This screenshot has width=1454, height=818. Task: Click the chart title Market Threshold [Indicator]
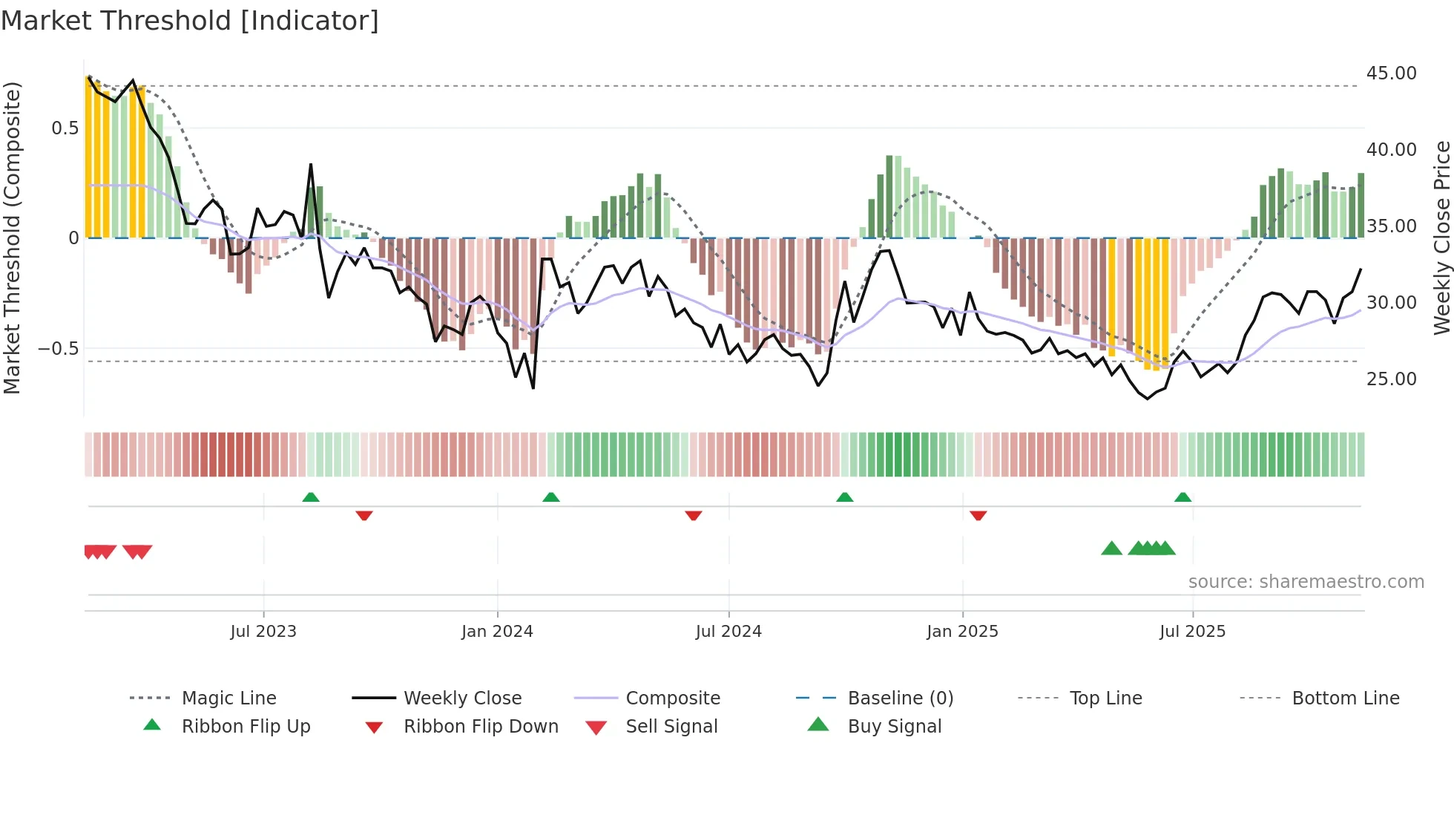(x=190, y=21)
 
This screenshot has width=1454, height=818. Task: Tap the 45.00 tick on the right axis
(x=1391, y=73)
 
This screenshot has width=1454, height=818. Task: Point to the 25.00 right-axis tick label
(x=1391, y=379)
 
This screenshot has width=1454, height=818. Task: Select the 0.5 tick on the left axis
(x=65, y=128)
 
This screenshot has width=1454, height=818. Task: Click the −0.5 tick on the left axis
(x=59, y=349)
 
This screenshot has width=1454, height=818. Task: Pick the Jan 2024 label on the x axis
(x=497, y=632)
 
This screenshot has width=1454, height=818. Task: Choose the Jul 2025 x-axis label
(x=1192, y=632)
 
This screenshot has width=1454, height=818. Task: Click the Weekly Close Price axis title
(x=1441, y=238)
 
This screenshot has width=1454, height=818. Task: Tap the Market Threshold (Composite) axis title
(x=12, y=238)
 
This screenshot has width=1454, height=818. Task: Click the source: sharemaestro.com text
(x=1306, y=582)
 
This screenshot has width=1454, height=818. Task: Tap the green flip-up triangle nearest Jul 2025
(x=1182, y=497)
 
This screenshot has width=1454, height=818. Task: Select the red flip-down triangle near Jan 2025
(x=978, y=515)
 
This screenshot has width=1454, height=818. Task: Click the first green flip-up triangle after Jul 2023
(x=311, y=497)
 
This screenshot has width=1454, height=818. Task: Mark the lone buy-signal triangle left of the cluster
(x=1111, y=549)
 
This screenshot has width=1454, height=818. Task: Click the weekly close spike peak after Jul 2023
(x=311, y=165)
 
